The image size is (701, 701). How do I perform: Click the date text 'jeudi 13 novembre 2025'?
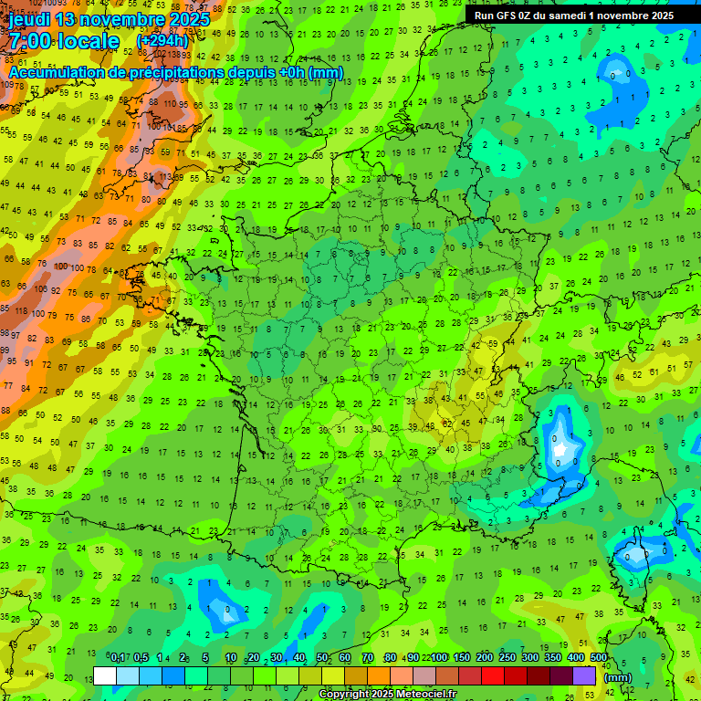coord(110,19)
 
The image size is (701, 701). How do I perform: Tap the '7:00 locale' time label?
coord(64,42)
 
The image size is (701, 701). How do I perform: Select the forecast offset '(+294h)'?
coord(162,41)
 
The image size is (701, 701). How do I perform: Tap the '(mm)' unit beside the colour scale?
coord(618,677)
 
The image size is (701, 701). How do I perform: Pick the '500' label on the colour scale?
coord(599,658)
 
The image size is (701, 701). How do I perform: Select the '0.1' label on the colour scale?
coord(117,658)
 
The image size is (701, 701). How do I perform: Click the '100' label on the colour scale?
coord(440,658)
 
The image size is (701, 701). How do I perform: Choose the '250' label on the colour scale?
coord(507,658)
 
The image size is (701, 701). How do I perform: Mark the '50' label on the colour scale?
coord(322,658)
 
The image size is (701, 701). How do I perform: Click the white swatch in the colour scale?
coord(105,676)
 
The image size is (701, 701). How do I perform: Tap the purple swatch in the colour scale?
coord(584,676)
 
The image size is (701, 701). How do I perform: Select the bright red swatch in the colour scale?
coord(493,676)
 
